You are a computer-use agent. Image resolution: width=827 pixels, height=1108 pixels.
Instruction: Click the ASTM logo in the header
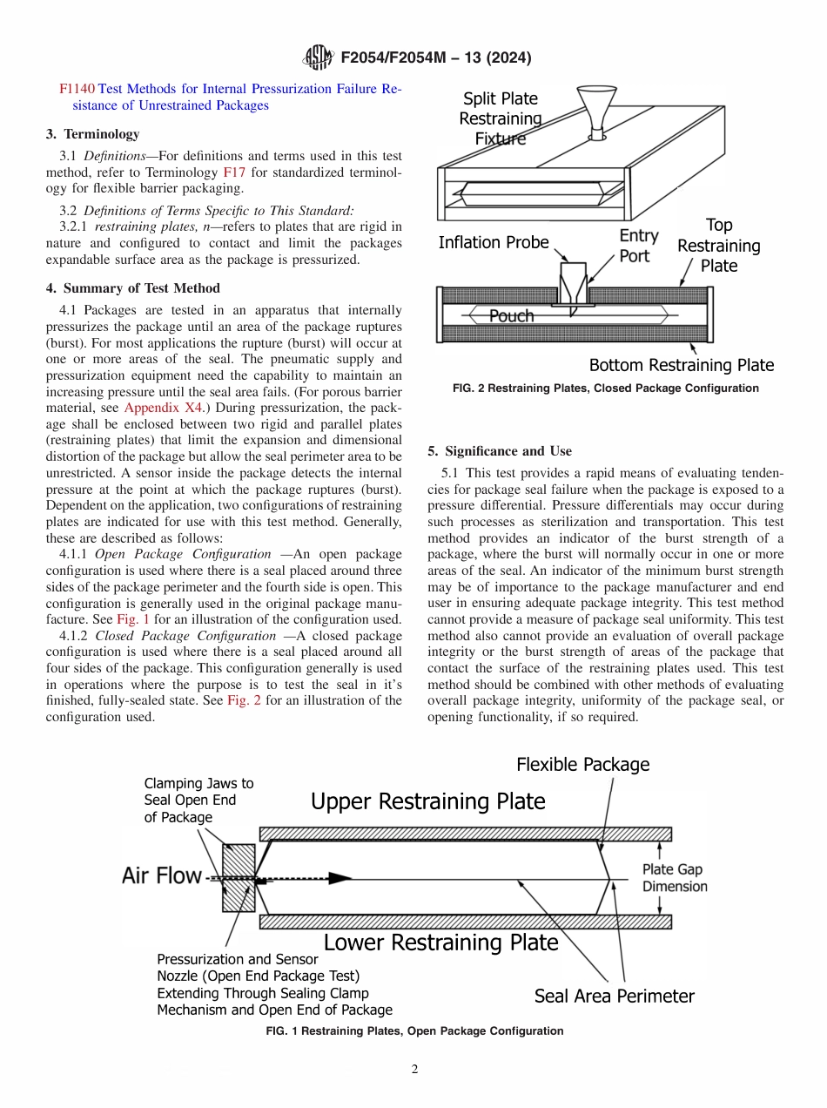317,57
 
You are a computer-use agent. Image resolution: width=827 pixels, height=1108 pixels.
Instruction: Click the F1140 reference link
77,89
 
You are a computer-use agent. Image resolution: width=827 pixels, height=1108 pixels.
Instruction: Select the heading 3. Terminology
92,134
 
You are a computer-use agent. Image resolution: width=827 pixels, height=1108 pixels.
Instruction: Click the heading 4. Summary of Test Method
132,288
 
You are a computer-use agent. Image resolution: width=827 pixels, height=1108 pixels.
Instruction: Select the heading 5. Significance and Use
500,451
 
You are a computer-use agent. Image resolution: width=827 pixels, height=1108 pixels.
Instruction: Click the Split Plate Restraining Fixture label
501,118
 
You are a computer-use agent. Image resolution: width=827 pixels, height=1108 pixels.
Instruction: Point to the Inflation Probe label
494,242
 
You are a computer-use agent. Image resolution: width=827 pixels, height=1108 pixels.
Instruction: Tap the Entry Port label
638,246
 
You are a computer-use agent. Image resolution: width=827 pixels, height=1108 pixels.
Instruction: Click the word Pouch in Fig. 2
511,316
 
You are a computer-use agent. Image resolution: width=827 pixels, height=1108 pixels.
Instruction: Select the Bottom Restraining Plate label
681,365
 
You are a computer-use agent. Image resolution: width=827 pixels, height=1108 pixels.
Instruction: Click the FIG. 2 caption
605,388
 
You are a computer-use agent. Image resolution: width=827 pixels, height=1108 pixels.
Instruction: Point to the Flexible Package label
582,765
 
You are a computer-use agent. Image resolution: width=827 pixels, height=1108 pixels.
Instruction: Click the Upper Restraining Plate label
427,801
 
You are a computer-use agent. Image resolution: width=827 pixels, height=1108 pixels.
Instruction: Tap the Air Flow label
161,875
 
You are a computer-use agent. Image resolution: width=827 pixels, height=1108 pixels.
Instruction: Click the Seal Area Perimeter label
614,996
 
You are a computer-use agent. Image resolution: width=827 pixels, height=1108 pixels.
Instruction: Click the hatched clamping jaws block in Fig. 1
239,877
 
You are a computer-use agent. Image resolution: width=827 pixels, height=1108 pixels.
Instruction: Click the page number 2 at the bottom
414,1070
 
